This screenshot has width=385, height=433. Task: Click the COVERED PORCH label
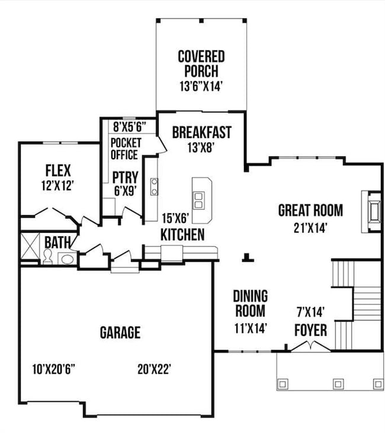201,63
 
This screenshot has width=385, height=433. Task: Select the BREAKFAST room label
201,132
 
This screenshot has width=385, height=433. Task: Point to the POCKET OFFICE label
124,149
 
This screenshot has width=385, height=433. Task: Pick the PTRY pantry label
125,177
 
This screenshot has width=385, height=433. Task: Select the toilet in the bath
47,256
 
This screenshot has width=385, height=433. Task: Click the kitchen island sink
200,200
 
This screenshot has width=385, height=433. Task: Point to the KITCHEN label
182,235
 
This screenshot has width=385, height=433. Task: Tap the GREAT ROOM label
310,210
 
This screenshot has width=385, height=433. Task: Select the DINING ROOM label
250,303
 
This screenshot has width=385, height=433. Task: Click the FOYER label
310,330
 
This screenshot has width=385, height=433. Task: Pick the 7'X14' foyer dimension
311,310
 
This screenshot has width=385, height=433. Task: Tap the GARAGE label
120,332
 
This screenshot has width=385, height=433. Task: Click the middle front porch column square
338,384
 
